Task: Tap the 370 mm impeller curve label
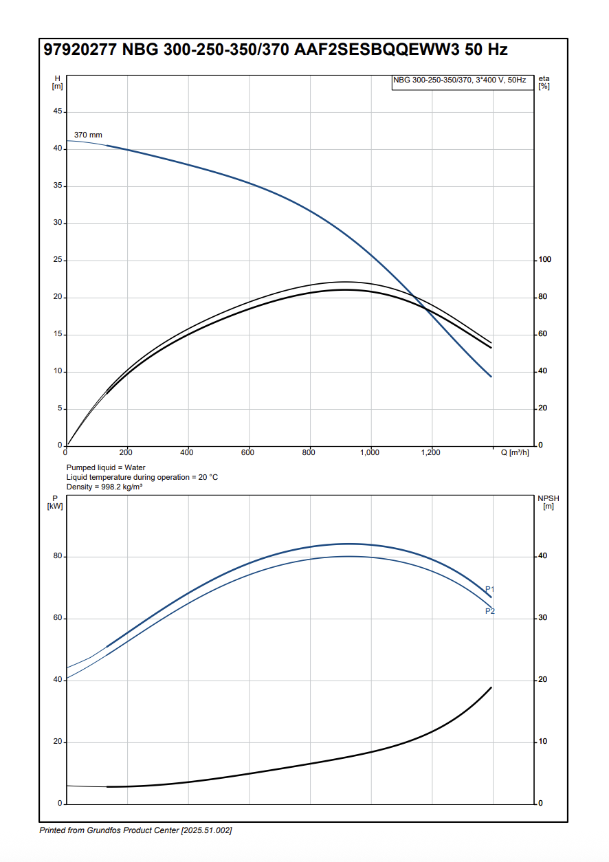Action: coord(88,135)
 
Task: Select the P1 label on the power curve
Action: coord(490,589)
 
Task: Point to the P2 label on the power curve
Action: coord(490,611)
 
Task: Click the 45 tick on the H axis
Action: coord(58,111)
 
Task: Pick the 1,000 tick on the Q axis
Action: coord(370,452)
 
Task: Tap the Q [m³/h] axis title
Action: coord(515,452)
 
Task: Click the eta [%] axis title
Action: coord(544,82)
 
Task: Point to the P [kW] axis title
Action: coord(56,502)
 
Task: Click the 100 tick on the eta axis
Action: coord(545,260)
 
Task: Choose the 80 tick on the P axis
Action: coord(58,556)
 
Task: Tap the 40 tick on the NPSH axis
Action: coord(543,556)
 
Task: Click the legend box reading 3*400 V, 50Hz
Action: coord(459,80)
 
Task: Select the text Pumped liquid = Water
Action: coord(106,467)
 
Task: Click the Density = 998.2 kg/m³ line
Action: coord(104,487)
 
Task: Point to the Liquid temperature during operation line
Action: coord(142,477)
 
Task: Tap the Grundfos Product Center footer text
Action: coord(135,831)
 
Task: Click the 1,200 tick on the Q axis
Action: coord(430,452)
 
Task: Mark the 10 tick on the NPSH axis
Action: coord(543,742)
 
